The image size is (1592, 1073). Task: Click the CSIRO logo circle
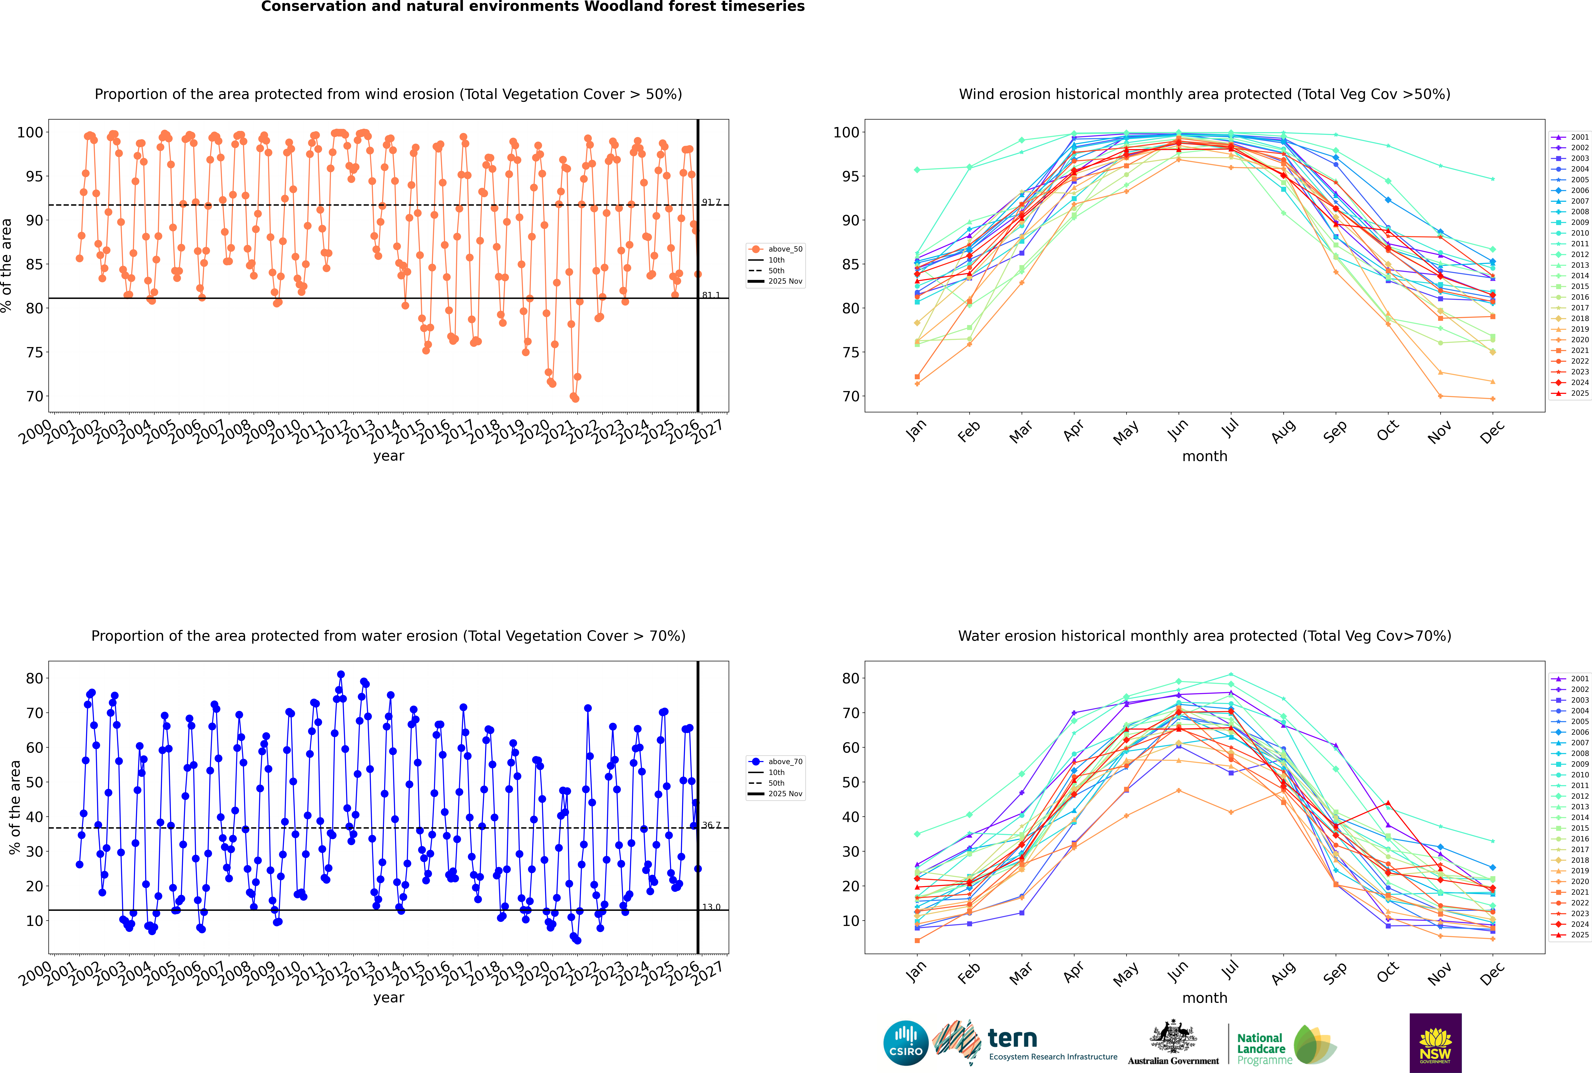[905, 1043]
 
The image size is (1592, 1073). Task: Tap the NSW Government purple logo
[1435, 1042]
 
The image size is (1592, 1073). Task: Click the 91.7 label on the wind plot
[711, 203]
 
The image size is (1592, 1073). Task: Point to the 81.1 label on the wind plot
[711, 296]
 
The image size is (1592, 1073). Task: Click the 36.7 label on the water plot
[711, 825]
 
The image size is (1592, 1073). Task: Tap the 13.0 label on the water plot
[711, 907]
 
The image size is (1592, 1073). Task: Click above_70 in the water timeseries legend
[785, 762]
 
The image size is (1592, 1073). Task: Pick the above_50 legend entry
[785, 249]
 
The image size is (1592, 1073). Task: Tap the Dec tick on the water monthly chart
[1492, 972]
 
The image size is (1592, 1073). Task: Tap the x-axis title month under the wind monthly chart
[1205, 457]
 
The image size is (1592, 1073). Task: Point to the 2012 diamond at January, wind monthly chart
[917, 170]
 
